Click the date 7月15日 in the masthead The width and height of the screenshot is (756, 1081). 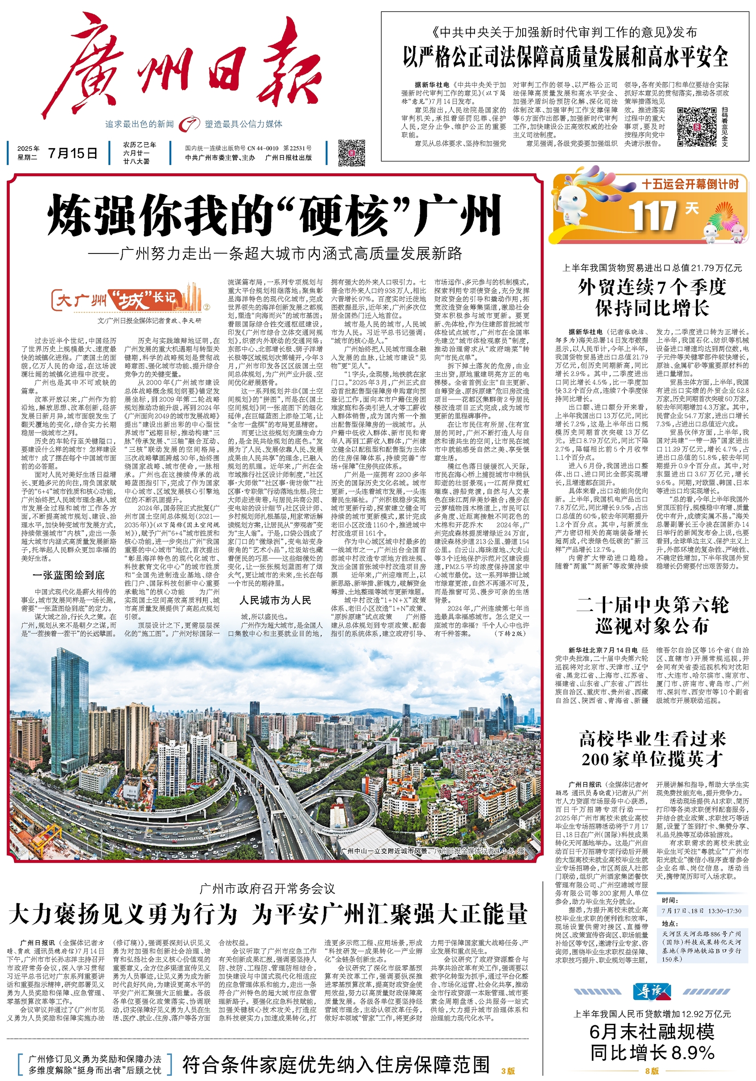coord(72,153)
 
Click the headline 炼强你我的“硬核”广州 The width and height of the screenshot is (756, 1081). coord(275,216)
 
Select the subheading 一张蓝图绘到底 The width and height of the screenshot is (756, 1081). coord(69,575)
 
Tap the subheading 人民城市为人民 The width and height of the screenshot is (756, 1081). coord(275,600)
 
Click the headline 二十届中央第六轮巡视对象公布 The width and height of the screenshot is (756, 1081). coord(652,616)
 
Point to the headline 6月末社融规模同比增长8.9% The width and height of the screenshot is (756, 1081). coord(652,1041)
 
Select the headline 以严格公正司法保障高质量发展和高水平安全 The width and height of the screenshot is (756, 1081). coord(565,57)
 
